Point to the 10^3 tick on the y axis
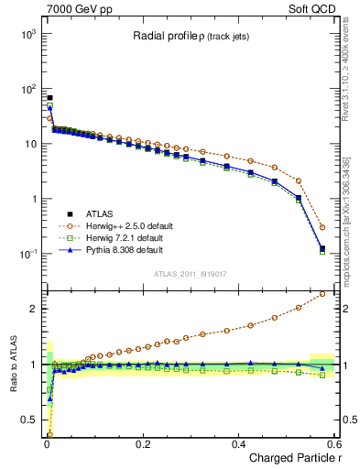click(x=29, y=34)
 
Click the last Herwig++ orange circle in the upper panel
click(x=322, y=227)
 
